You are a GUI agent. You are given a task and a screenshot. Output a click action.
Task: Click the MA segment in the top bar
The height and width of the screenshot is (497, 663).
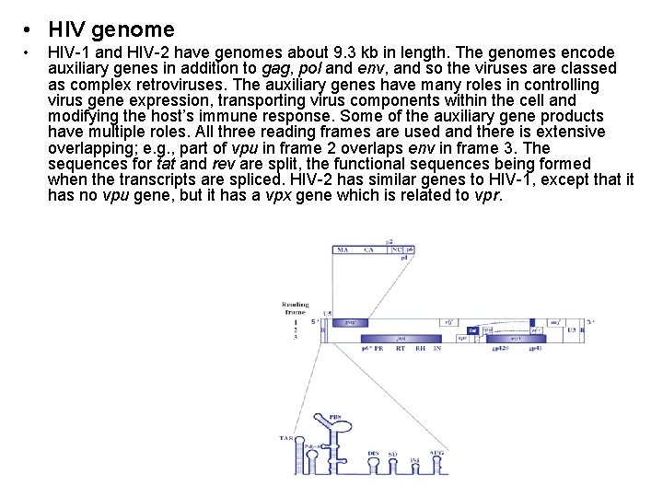click(342, 248)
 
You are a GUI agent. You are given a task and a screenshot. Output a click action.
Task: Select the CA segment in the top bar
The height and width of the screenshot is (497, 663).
click(368, 248)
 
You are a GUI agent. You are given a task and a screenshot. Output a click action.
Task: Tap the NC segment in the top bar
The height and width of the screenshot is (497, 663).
click(396, 248)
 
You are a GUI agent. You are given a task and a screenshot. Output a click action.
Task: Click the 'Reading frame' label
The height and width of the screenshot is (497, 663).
click(295, 307)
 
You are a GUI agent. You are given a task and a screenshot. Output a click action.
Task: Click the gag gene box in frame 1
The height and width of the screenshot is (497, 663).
click(351, 323)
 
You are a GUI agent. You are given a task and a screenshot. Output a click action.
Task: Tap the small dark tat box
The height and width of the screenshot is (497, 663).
click(471, 329)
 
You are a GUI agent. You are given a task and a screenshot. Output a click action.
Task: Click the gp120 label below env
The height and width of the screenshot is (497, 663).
click(503, 349)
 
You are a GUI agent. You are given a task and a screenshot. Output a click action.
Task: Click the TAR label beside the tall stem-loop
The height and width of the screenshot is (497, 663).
click(286, 438)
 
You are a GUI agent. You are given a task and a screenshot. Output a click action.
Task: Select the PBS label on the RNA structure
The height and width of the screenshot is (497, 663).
click(334, 417)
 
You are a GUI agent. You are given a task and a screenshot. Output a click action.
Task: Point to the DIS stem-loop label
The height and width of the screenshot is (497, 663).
click(373, 453)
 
